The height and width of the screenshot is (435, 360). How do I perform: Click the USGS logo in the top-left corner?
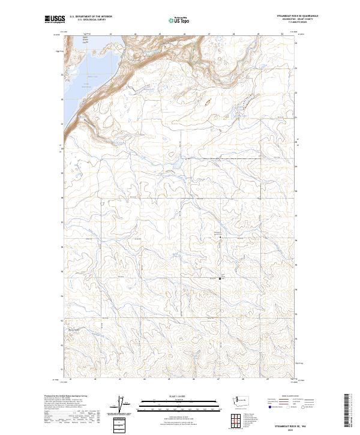[x=55, y=20]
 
